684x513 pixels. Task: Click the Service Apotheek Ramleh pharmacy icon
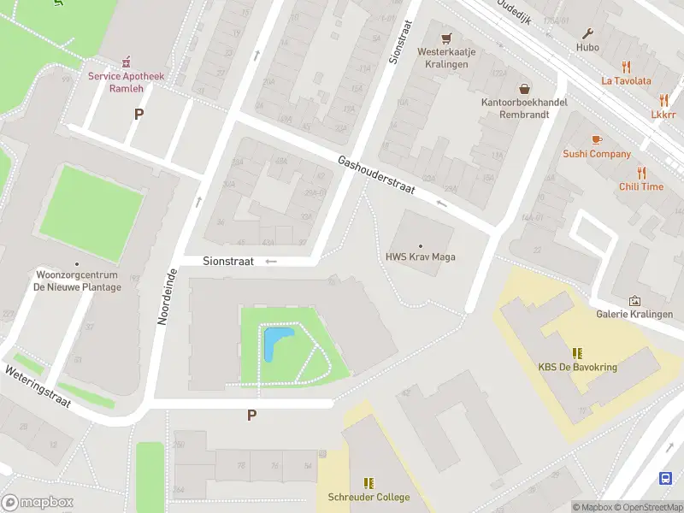[x=127, y=61]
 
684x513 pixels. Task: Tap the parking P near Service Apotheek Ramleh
[x=139, y=114]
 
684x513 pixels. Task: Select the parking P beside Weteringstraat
[x=251, y=416]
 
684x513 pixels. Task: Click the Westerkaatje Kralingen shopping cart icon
[x=445, y=38]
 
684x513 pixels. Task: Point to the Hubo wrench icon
[x=587, y=34]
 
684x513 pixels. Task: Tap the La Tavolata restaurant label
[x=626, y=81]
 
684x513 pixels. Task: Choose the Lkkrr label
[x=663, y=114]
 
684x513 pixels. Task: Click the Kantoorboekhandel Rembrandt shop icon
[x=524, y=88]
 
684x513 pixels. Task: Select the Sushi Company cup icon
[x=597, y=139]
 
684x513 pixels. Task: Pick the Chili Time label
[x=641, y=186]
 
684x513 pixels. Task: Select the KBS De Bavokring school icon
[x=577, y=353]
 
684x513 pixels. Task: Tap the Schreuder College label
[x=369, y=498]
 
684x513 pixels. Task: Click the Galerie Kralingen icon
[x=634, y=300]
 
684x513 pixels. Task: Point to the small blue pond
[x=275, y=343]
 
